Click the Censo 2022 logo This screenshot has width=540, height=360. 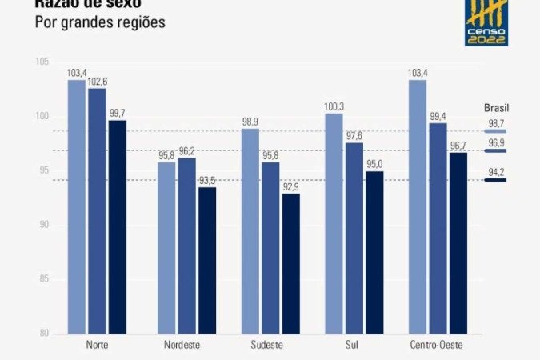click(x=487, y=22)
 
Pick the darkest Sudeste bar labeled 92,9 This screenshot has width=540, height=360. click(x=291, y=263)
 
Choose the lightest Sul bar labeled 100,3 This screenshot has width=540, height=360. click(x=334, y=223)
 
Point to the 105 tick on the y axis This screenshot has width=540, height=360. click(x=43, y=62)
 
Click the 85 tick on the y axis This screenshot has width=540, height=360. click(x=45, y=279)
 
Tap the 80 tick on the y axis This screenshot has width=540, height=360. click(x=45, y=334)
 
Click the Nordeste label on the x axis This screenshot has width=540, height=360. click(x=182, y=345)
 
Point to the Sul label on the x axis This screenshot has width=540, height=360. click(x=354, y=345)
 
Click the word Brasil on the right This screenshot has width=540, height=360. click(x=497, y=107)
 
